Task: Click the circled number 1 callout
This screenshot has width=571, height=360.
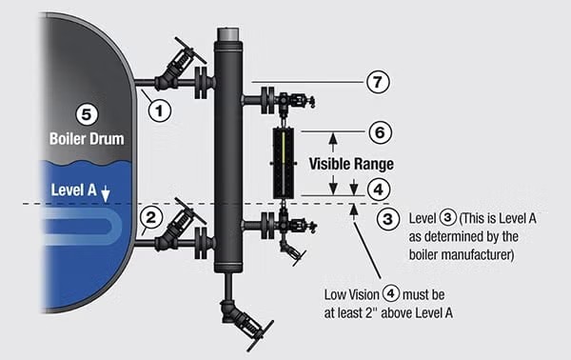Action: (x=160, y=110)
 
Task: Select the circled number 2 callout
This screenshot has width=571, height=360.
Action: (x=150, y=217)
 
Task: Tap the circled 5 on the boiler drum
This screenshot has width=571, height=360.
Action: (x=87, y=114)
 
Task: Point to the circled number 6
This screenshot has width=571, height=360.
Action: (x=380, y=132)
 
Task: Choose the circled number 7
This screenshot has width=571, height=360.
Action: (x=378, y=82)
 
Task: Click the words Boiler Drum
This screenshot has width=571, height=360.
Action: (x=87, y=139)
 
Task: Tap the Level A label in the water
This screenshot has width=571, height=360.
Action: (x=73, y=190)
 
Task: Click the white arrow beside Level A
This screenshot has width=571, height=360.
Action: (x=106, y=194)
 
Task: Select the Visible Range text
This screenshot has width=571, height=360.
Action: (x=351, y=164)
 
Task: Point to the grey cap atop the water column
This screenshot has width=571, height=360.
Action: (x=228, y=34)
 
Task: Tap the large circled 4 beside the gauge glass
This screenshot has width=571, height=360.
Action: (x=379, y=190)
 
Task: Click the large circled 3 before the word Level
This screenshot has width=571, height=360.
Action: (x=388, y=219)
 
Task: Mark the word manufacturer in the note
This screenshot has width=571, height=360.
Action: (x=462, y=254)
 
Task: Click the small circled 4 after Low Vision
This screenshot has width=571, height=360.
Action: (x=391, y=293)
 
